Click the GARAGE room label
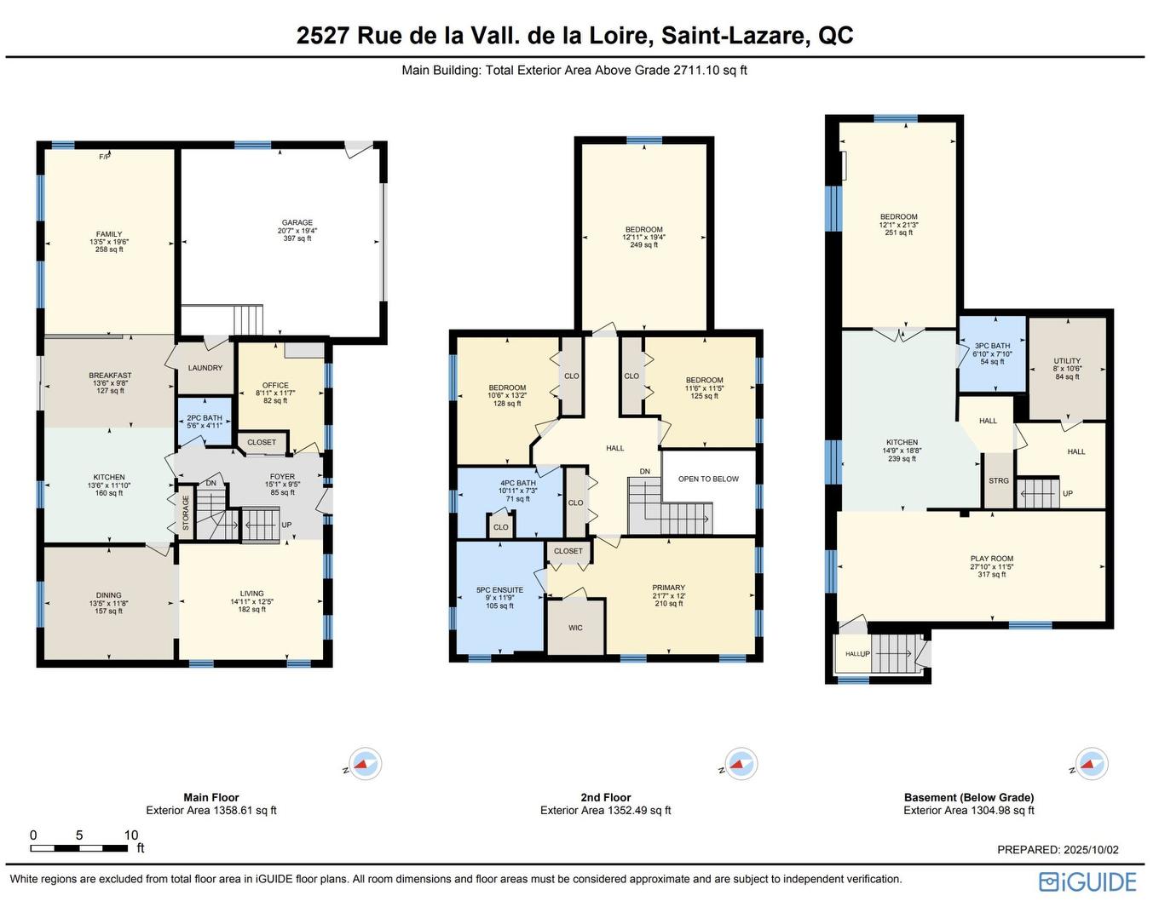297,223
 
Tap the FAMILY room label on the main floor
109,234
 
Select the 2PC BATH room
205,419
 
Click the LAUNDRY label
205,368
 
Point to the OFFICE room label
275,386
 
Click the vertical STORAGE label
186,514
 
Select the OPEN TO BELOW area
708,479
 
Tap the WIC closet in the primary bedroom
575,628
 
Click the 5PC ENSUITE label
499,590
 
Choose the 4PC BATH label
518,483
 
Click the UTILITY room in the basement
1067,361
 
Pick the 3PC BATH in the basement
992,347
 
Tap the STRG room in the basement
999,481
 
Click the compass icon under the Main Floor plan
366,764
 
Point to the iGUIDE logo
1088,881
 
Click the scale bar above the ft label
79,848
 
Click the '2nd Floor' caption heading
605,798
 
